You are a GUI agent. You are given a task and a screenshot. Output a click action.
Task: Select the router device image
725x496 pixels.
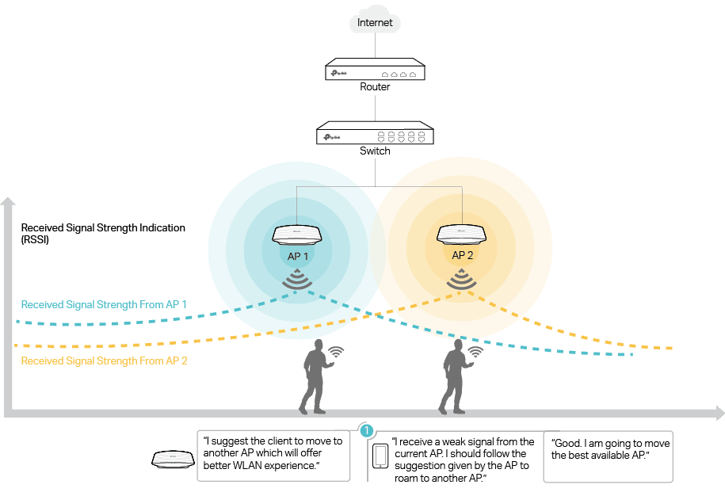pos(375,71)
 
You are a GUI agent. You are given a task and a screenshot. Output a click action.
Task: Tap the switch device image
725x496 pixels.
pos(375,135)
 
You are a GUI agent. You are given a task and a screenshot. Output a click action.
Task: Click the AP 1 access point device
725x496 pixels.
pos(297,235)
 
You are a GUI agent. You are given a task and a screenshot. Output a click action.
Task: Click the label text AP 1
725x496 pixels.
pos(297,257)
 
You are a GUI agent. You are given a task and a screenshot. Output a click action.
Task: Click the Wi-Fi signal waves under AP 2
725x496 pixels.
pos(463,279)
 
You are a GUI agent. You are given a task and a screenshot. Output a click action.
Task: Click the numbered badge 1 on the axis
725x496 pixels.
pos(366,431)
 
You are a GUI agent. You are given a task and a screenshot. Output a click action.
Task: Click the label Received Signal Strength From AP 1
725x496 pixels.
pos(104,304)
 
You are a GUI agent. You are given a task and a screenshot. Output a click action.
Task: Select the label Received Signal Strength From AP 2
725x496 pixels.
pos(104,361)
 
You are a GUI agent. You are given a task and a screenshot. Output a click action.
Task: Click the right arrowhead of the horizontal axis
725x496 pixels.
pos(719,414)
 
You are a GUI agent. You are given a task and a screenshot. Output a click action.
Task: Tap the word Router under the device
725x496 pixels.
pos(375,87)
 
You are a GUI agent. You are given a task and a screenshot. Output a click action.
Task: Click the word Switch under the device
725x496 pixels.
pos(375,151)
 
